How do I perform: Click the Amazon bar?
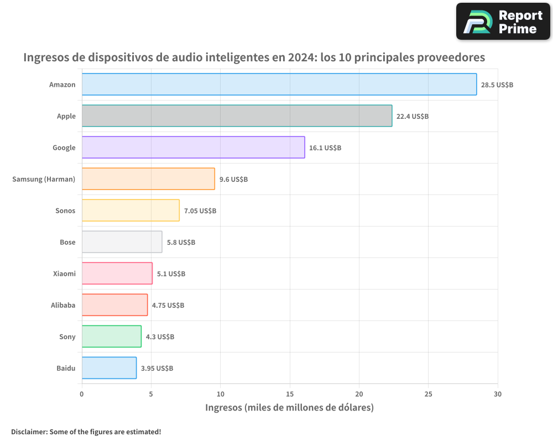coord(279,85)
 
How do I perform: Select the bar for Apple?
coord(237,116)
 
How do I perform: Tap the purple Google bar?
coord(193,148)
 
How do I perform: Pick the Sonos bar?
coord(131,211)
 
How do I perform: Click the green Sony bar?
coord(111,336)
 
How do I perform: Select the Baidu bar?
coord(109,368)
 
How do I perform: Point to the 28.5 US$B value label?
coord(497,85)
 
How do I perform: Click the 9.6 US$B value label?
coord(233,180)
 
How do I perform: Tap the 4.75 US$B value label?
coord(168,306)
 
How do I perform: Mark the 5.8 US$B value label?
coord(181,243)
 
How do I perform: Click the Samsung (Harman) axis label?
coord(44,179)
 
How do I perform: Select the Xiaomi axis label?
coord(64,273)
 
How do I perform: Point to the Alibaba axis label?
coord(63,305)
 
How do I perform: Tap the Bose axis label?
coord(67,242)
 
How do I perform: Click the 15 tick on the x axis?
coord(290,394)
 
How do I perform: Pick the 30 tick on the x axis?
coord(498,394)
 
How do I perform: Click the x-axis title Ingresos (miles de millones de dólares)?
coord(289,408)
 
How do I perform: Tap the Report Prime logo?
coord(503,22)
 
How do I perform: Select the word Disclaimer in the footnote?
coord(29,432)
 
